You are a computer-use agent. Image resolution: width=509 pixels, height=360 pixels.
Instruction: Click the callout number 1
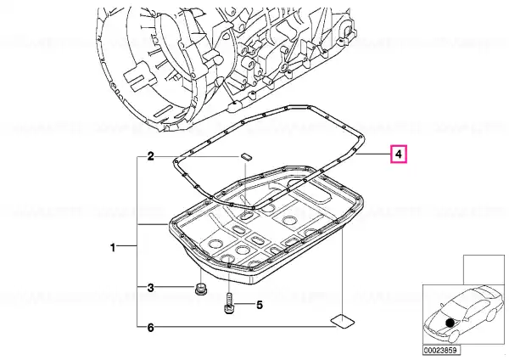click(x=113, y=248)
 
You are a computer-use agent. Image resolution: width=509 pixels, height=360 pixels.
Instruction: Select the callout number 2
click(x=151, y=156)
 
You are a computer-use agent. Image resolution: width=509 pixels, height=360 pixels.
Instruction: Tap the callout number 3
click(x=151, y=288)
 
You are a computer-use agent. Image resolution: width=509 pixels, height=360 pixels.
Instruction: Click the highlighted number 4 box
click(x=399, y=154)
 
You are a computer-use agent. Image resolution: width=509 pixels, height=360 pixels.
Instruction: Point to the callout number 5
click(x=260, y=305)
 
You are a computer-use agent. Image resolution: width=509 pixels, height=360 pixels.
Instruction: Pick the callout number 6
click(x=151, y=328)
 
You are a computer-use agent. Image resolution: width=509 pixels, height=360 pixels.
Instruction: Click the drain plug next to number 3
click(x=202, y=289)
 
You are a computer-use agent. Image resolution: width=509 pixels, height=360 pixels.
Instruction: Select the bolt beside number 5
click(x=229, y=303)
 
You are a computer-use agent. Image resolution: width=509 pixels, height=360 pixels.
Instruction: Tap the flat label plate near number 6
click(x=343, y=321)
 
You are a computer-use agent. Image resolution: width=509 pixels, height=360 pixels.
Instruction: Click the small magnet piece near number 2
click(x=246, y=155)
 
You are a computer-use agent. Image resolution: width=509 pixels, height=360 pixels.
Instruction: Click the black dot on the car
click(x=450, y=323)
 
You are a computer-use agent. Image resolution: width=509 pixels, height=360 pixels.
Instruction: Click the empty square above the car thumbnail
click(x=484, y=270)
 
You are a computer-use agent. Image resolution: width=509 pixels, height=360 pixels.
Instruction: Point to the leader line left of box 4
click(x=373, y=154)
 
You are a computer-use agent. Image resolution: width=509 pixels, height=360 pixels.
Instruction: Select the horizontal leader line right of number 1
click(x=126, y=246)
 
